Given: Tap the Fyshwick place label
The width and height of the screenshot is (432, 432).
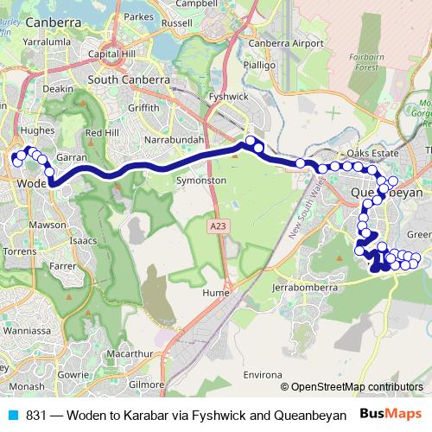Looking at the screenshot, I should coord(253,98).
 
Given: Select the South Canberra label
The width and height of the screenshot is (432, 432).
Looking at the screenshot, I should coord(127,80).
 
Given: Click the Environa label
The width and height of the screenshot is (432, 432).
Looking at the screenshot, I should coord(263,352).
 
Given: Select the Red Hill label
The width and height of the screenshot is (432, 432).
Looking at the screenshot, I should coord(100,132).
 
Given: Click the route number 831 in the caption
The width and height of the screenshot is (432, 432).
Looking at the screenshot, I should coord(36,415).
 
